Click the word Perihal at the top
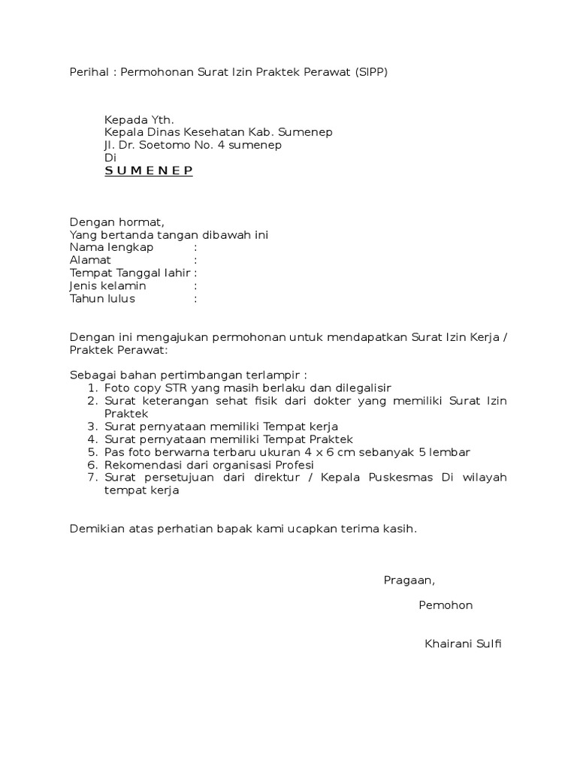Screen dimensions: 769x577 pyautogui.click(x=85, y=73)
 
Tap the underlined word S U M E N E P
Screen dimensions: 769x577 pyautogui.click(x=149, y=170)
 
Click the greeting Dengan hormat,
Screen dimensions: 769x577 pyautogui.click(x=116, y=222)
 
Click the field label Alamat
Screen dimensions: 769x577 pyautogui.click(x=90, y=261)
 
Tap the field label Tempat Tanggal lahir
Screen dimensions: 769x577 pyautogui.click(x=130, y=273)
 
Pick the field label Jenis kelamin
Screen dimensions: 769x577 pyautogui.click(x=108, y=286)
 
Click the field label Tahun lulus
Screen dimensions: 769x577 pyautogui.click(x=102, y=299)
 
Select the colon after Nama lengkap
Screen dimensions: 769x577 pyautogui.click(x=195, y=248)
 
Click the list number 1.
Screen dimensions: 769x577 pyautogui.click(x=92, y=388)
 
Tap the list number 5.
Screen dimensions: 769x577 pyautogui.click(x=92, y=452)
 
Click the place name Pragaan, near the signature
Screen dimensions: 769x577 pyautogui.click(x=409, y=580)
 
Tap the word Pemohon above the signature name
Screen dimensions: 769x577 pyautogui.click(x=446, y=605)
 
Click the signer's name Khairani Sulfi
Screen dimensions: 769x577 pyautogui.click(x=462, y=644)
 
